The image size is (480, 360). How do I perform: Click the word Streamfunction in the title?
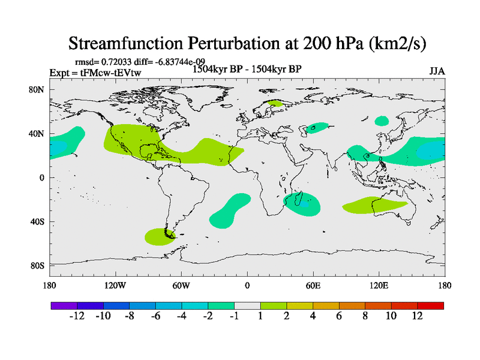click(x=131, y=43)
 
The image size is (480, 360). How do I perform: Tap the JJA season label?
click(x=437, y=71)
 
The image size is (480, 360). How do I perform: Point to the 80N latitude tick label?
click(x=38, y=89)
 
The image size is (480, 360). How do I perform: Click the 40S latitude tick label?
click(x=38, y=221)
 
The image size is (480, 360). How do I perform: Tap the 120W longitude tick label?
click(x=115, y=285)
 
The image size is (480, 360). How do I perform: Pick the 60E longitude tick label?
click(x=313, y=285)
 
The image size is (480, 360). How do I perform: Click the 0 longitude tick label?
click(x=247, y=285)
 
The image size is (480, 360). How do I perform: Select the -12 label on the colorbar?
click(x=77, y=316)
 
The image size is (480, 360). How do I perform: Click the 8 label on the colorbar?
click(x=365, y=316)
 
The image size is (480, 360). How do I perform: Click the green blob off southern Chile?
click(x=158, y=236)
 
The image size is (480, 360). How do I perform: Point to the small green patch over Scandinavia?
click(x=275, y=103)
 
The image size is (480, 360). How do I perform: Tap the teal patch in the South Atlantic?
click(x=230, y=211)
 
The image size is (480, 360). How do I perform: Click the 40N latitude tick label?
click(x=38, y=134)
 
